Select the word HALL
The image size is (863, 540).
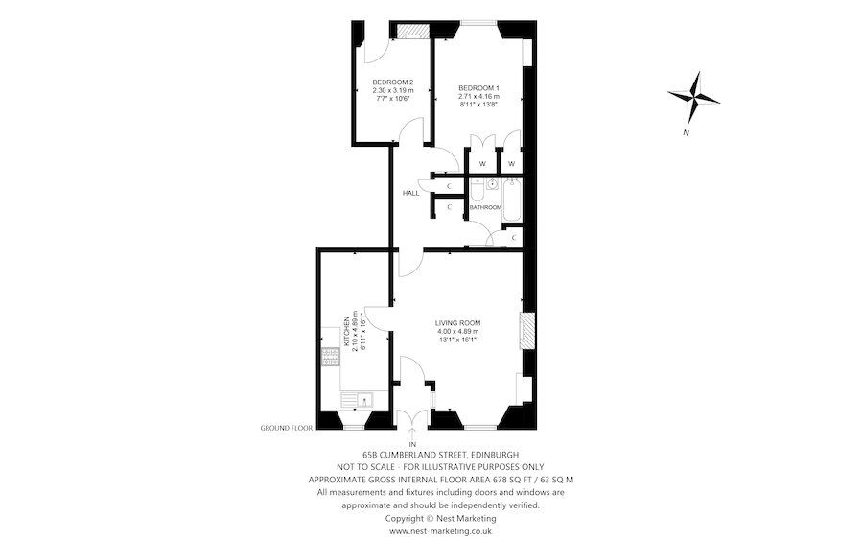pos(411,193)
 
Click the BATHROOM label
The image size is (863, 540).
pos(485,207)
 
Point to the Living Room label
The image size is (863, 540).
pos(457,323)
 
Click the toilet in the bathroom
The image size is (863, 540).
pos(477,188)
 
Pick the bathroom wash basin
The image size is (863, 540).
pos(492,185)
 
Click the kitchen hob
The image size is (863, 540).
pos(330,359)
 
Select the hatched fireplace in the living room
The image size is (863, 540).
pos(525,331)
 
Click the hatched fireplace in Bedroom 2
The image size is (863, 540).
pos(413,32)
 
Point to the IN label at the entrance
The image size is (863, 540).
pos(412,445)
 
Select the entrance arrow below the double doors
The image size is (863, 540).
pos(412,434)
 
